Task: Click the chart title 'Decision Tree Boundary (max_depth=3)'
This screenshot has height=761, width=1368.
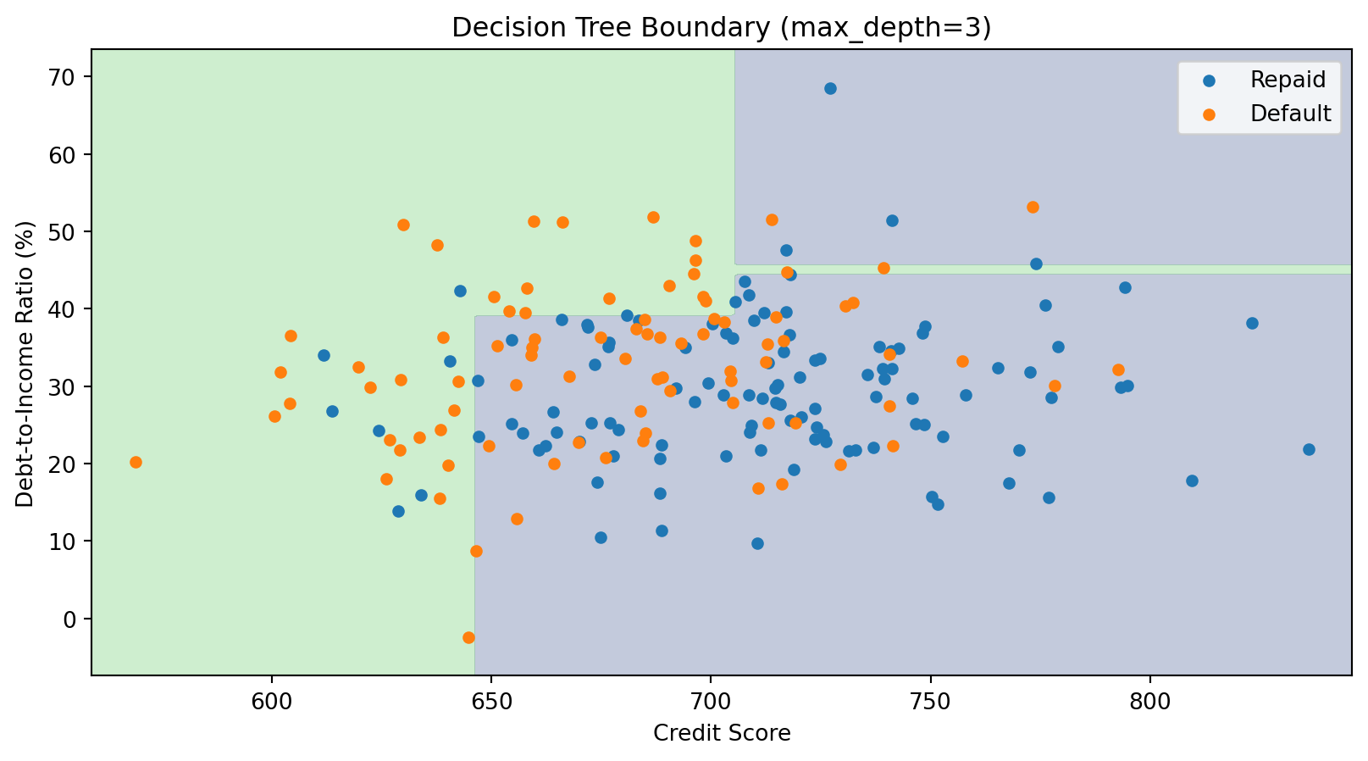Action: pyautogui.click(x=721, y=28)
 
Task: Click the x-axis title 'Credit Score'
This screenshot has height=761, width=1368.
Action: pyautogui.click(x=722, y=733)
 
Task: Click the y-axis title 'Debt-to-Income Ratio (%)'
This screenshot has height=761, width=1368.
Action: pyautogui.click(x=25, y=364)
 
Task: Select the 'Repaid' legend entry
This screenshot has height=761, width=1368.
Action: pyautogui.click(x=1288, y=81)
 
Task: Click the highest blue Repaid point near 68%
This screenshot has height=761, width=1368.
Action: pyautogui.click(x=830, y=88)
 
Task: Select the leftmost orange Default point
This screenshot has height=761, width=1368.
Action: pyautogui.click(x=136, y=462)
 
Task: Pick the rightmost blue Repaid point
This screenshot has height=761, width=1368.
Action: pyautogui.click(x=1309, y=449)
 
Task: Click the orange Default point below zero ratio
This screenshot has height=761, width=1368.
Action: pyautogui.click(x=468, y=637)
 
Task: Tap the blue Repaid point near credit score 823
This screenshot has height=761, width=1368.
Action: pyautogui.click(x=1252, y=323)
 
